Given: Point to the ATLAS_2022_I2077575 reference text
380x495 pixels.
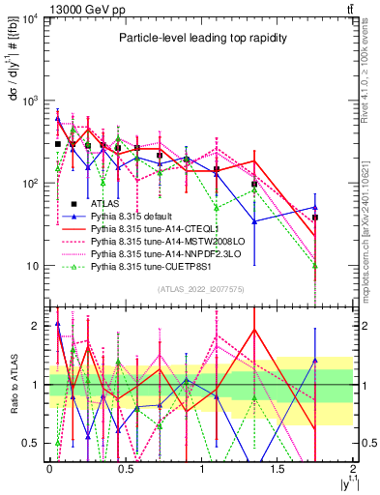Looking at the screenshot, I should (200, 289).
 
